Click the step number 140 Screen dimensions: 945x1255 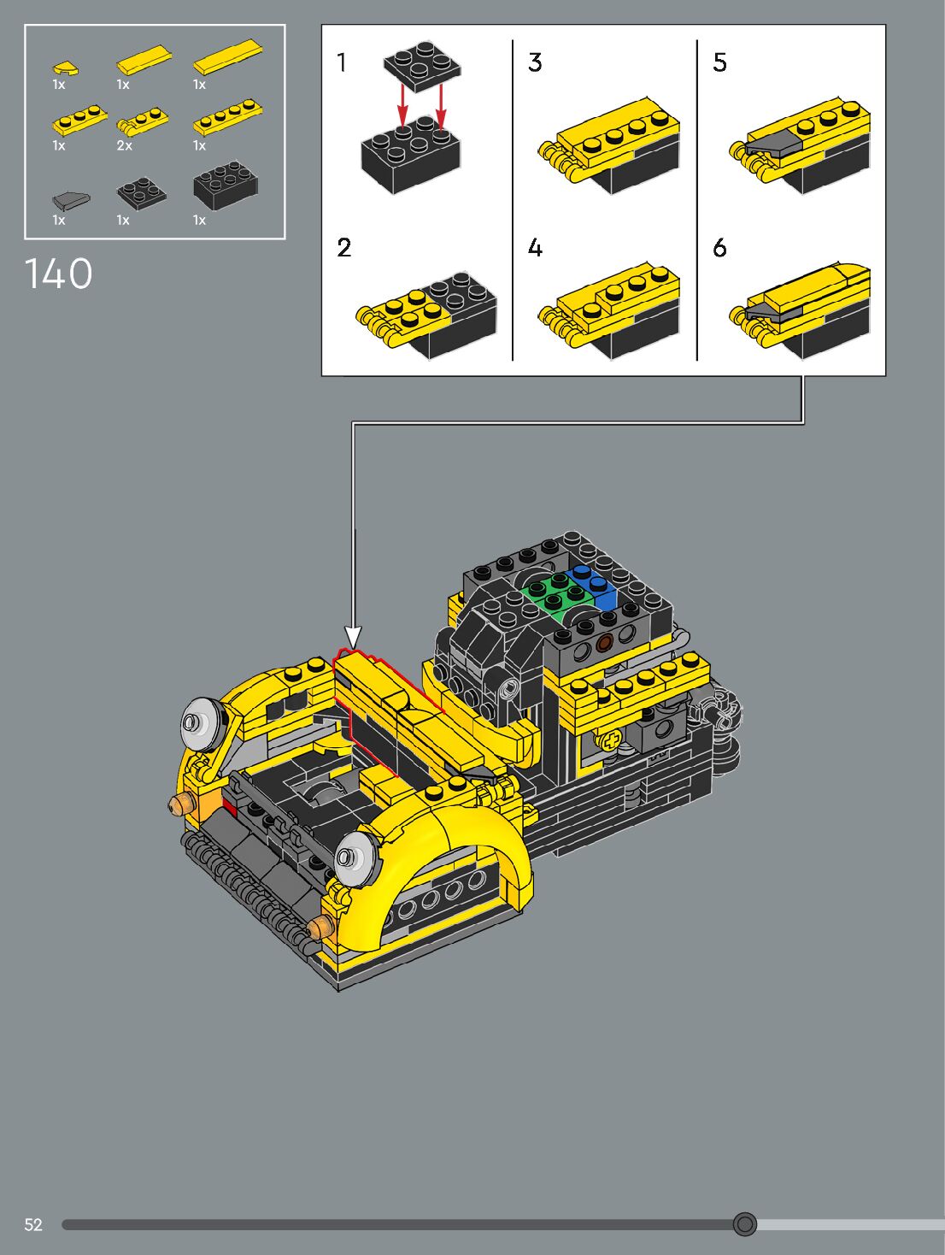tap(58, 274)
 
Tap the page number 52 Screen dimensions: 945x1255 tap(33, 1224)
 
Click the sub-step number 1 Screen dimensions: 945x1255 tap(342, 62)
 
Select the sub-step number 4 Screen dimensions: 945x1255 tap(535, 248)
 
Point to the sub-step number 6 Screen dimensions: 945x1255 tap(720, 248)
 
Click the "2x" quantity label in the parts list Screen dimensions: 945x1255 tap(124, 146)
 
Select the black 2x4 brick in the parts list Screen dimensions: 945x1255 tap(225, 184)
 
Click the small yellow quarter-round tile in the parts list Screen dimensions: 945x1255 tap(67, 68)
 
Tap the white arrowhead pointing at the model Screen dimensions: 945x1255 tap(353, 638)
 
